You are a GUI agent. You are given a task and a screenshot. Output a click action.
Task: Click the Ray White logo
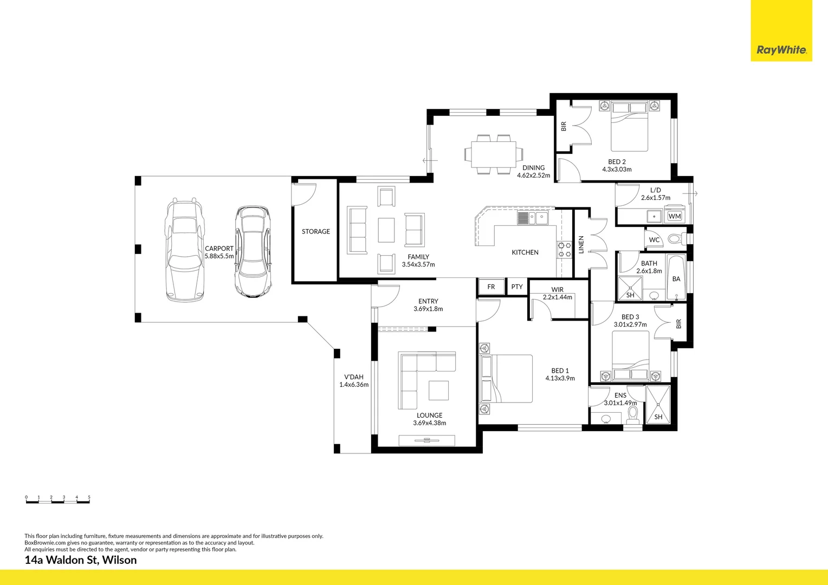coord(781,50)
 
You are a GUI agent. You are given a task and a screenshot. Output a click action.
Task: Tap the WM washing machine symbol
coord(674,216)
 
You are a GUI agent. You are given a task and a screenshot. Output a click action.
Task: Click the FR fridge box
coord(491,287)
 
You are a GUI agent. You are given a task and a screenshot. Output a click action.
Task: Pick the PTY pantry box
coord(517,287)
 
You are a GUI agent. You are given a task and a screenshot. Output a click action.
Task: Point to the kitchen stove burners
coord(564,249)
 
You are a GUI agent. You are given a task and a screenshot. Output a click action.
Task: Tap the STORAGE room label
coord(316,231)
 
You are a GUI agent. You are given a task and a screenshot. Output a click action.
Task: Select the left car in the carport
coord(185,249)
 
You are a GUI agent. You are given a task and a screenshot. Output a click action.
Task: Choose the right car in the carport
coord(252,251)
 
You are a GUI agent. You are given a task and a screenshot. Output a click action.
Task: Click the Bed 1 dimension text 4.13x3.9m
coord(560,378)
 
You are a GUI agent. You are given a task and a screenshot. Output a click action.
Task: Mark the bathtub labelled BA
coord(676,278)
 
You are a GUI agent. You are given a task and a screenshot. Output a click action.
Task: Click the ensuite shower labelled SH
coord(658,405)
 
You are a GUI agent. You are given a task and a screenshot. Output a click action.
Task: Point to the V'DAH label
coord(354,377)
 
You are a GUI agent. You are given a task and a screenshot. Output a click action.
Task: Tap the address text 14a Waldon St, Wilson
coord(81,560)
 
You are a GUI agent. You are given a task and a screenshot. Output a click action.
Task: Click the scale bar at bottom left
coord(57,500)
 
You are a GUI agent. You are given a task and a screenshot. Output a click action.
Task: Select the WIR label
coord(557,290)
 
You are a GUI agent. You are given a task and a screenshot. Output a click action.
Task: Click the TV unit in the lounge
coord(427,440)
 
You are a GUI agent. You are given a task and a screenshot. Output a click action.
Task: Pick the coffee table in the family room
coord(386,230)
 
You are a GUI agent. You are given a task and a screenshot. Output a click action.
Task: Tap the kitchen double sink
coord(533,218)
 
